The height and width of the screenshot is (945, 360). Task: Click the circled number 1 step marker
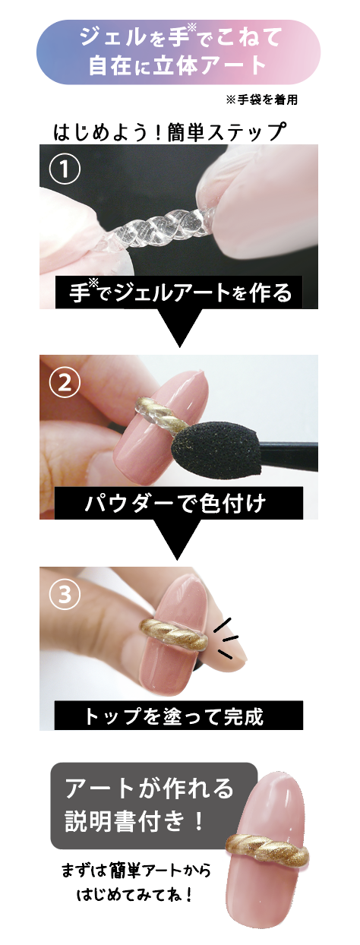(65, 169)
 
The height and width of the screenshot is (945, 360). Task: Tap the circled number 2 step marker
(65, 383)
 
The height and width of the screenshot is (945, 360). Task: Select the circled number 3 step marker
(65, 595)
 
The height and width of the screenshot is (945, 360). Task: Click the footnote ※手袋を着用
(262, 100)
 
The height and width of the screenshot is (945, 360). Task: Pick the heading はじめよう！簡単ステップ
(169, 131)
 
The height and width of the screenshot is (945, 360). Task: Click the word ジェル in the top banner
(112, 39)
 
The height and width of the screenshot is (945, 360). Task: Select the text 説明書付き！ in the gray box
(134, 820)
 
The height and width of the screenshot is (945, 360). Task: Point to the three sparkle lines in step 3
(226, 637)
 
